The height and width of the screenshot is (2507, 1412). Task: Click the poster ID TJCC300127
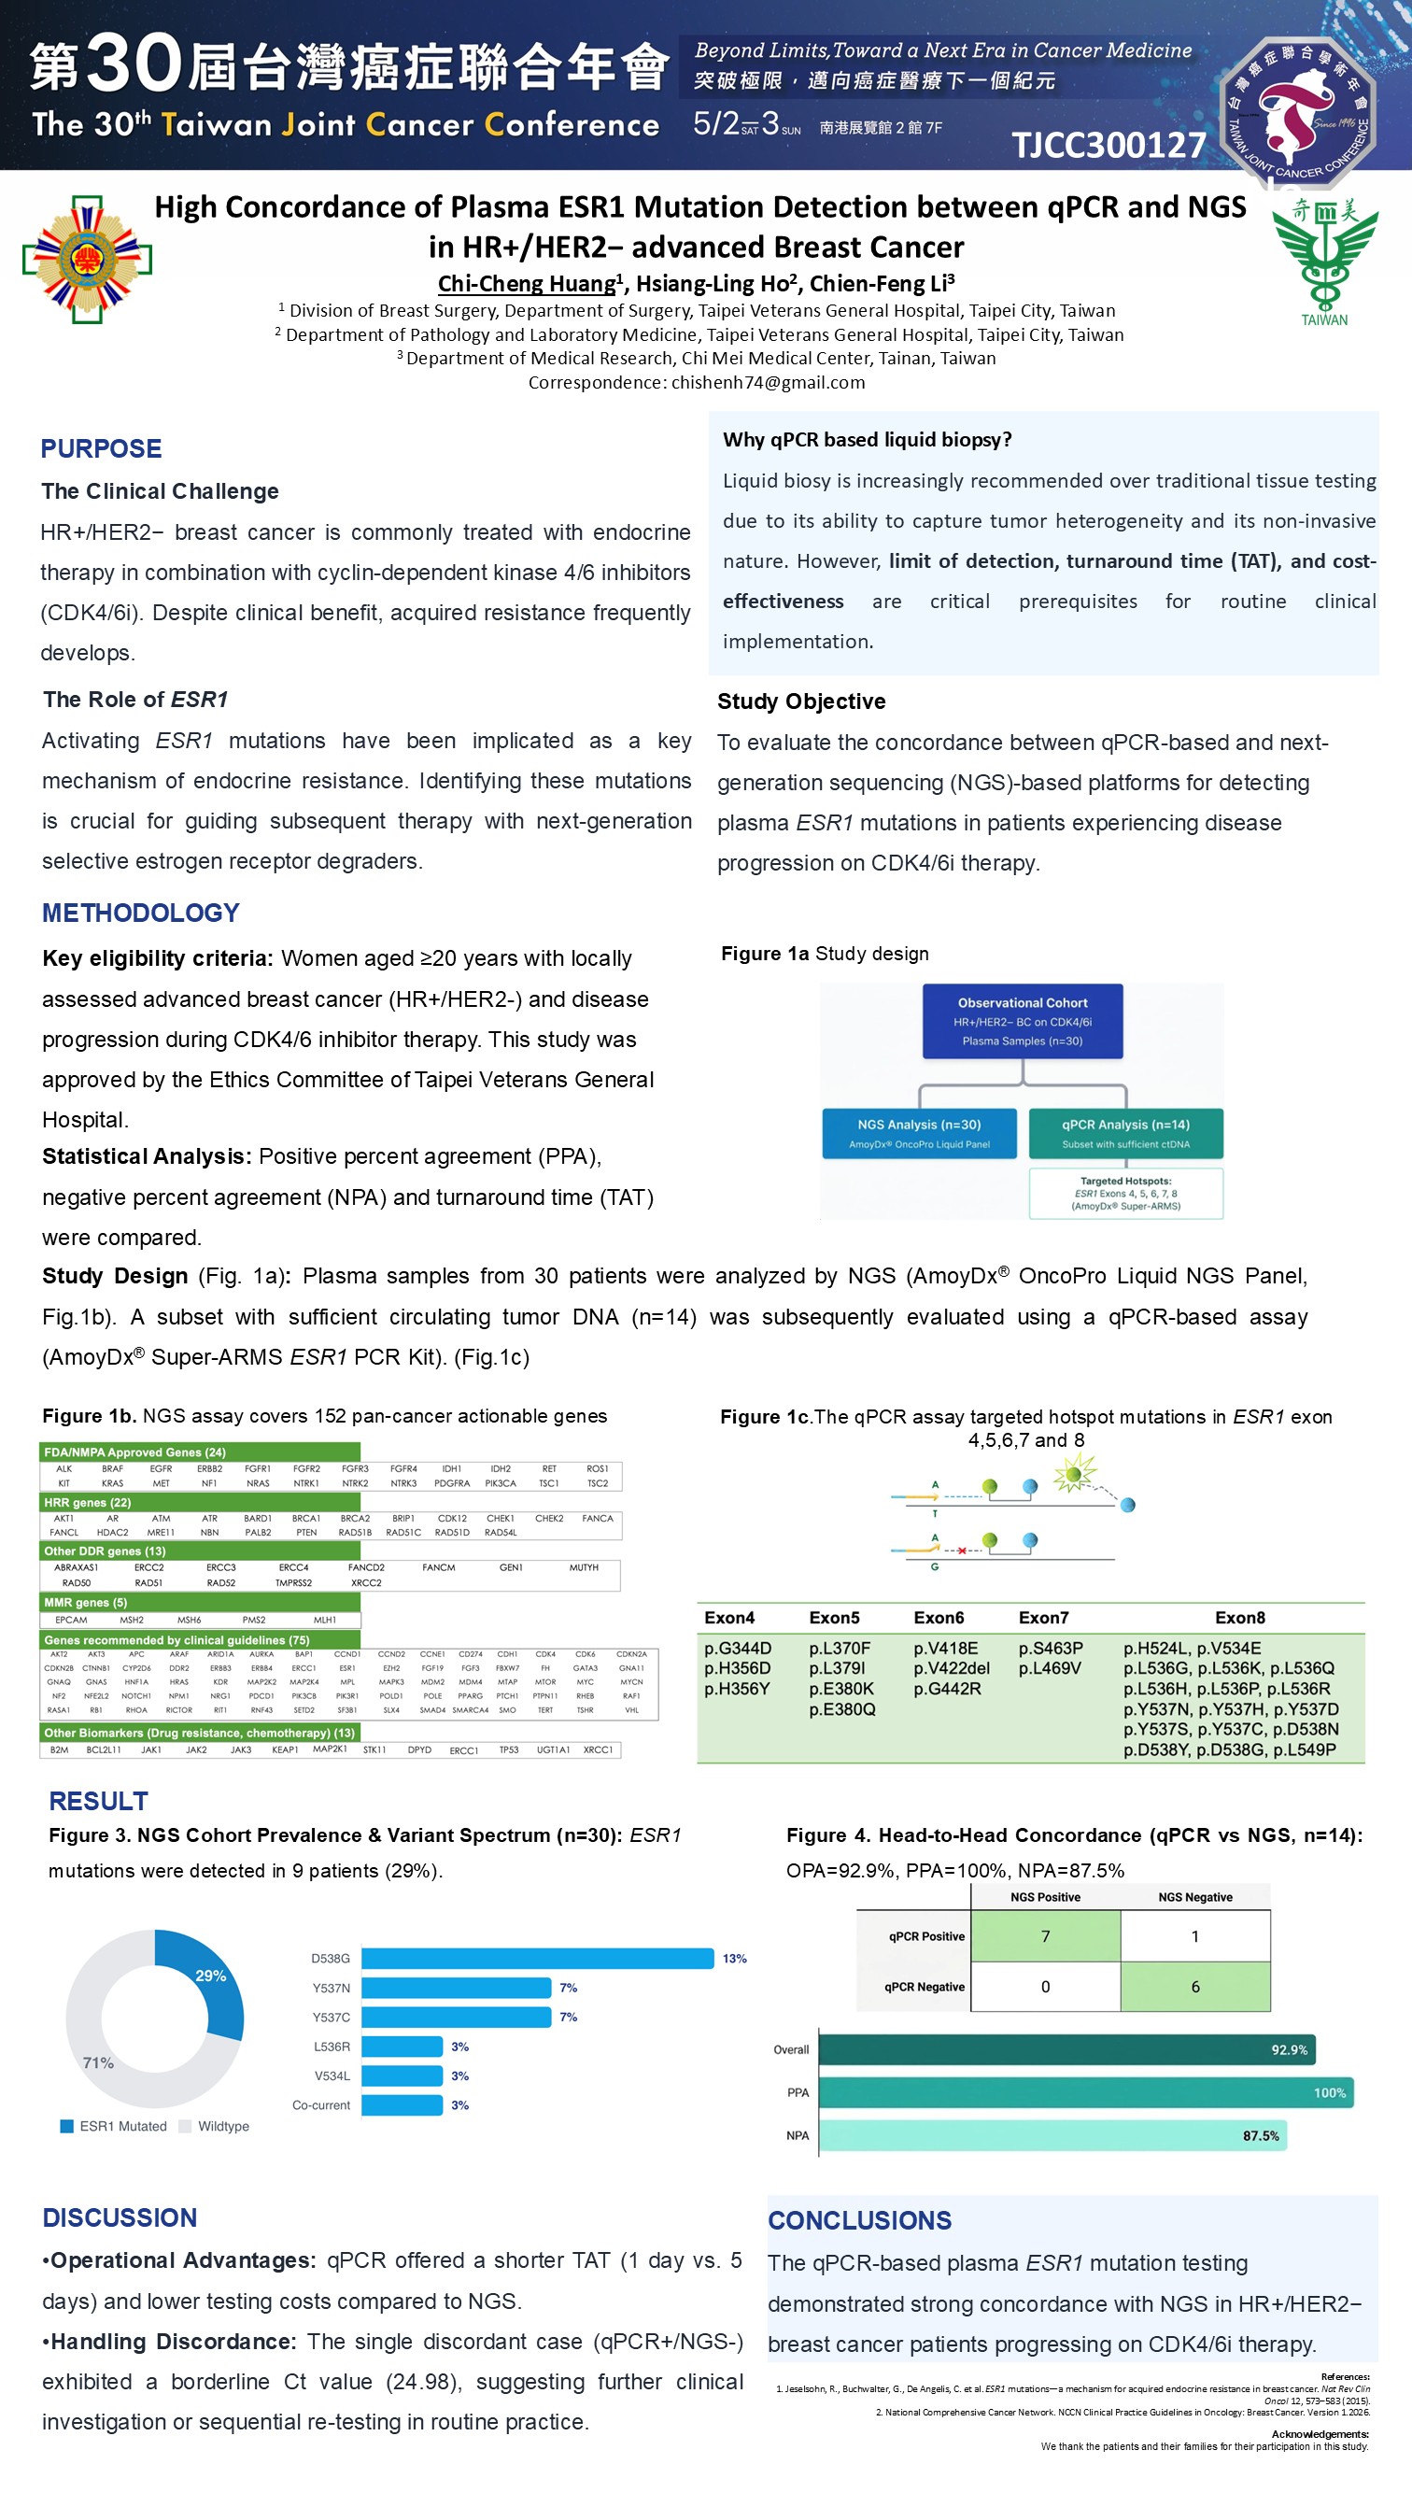(1108, 145)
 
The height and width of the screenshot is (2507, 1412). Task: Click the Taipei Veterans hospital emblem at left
(88, 259)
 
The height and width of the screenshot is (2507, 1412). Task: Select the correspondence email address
(768, 382)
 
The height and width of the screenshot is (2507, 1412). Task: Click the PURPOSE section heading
(101, 448)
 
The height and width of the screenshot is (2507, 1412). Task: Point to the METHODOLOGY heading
(140, 913)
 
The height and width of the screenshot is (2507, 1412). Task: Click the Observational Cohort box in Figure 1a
(1022, 1021)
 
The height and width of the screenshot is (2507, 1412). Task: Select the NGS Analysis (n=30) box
(919, 1133)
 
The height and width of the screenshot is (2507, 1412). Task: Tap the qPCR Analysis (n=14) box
(1125, 1133)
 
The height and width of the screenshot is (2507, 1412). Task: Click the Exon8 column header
(1240, 1618)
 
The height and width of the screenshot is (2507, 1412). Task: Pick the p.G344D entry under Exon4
(738, 1648)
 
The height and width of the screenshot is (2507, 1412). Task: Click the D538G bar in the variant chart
(537, 1958)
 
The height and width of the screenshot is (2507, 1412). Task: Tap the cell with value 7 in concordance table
(1045, 1936)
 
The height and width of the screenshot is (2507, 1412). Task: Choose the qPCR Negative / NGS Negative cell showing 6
(1195, 1987)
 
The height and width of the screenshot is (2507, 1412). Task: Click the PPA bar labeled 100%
(1085, 2092)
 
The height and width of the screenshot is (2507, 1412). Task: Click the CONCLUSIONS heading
(859, 2220)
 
